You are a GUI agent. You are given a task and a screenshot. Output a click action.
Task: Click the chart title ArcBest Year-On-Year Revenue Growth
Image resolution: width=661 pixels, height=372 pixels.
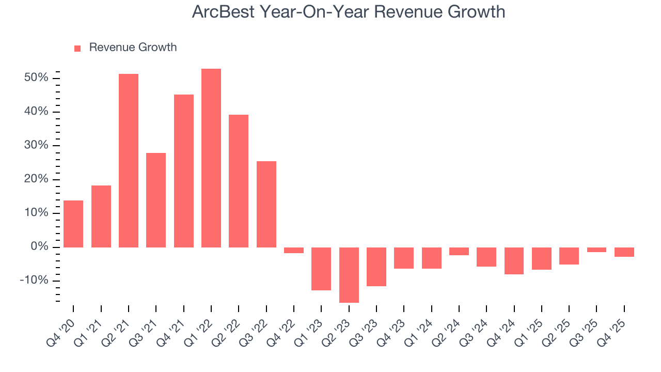point(348,11)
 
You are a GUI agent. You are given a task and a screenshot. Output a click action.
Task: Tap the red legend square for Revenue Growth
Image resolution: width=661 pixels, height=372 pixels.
point(77,48)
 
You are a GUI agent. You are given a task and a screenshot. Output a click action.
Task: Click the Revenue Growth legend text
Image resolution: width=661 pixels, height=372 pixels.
point(133,48)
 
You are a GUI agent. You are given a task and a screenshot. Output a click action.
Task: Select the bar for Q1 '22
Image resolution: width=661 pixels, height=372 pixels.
point(211,158)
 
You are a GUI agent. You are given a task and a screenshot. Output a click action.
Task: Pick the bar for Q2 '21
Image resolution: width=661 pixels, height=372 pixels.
point(129,160)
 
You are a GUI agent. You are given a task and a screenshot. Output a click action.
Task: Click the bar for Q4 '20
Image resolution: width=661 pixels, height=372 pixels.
point(73,224)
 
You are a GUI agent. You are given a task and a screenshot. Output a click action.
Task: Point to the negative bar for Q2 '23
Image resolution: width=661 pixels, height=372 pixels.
point(349,274)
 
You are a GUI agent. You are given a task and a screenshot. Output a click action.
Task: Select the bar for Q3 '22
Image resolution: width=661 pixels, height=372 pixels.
point(266,204)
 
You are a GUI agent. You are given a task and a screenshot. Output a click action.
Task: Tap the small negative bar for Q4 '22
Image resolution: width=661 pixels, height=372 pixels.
point(294,250)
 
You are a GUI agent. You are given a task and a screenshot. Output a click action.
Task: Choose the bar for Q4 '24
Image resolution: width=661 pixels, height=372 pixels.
point(514,260)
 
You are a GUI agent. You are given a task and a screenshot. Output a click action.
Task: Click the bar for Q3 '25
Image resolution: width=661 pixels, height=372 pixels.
point(596,250)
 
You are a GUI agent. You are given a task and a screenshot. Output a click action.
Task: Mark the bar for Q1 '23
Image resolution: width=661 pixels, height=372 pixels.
point(321,269)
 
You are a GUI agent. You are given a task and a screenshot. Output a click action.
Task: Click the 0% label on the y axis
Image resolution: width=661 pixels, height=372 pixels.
point(42,247)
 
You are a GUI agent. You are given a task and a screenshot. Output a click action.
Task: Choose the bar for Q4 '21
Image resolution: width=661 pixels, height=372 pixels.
point(184,171)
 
